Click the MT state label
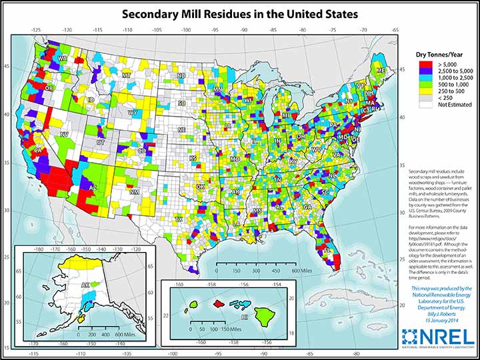(x=126, y=76)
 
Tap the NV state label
(x=65, y=134)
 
